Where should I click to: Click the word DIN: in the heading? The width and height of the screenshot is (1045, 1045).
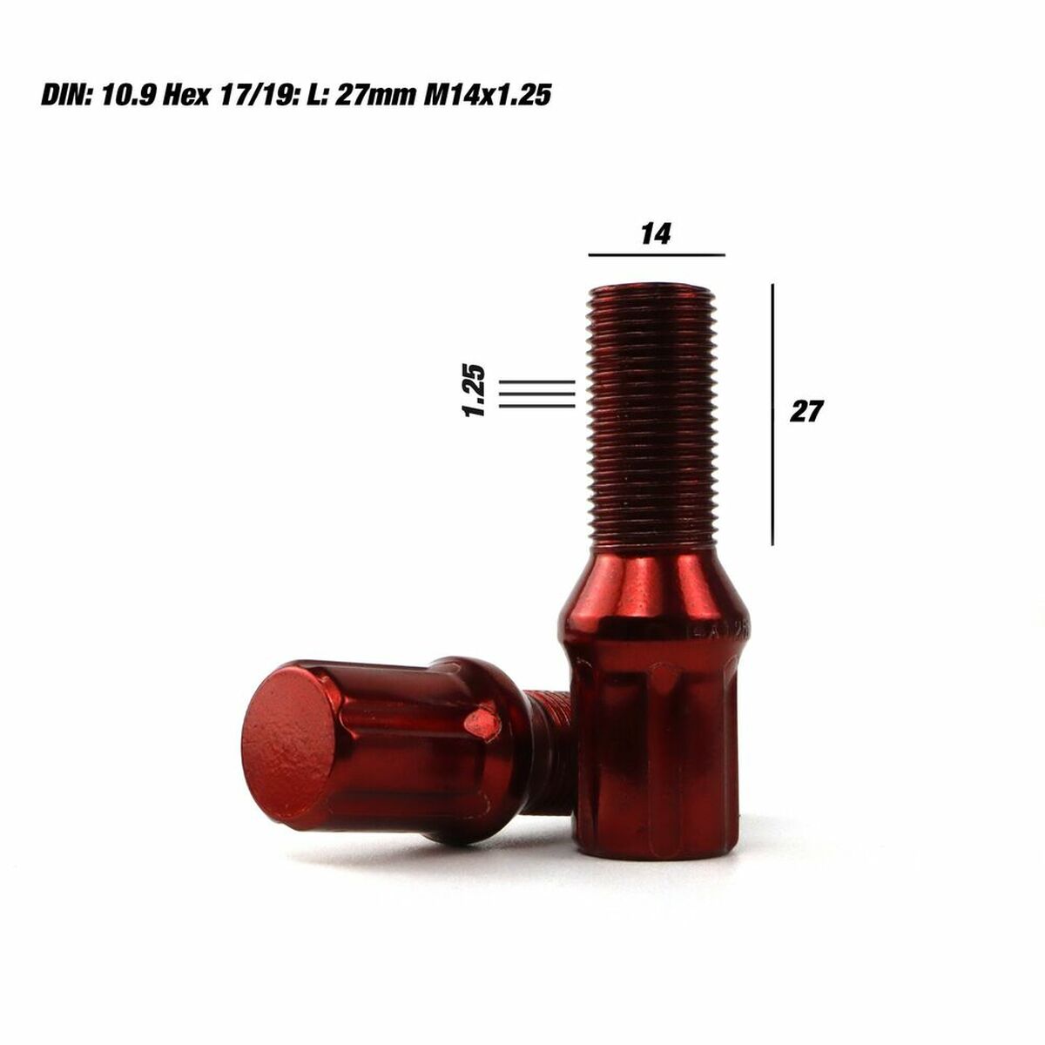coord(67,95)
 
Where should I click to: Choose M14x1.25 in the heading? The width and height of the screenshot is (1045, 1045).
coord(488,95)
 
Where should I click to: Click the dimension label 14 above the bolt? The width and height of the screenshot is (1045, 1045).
coord(656,233)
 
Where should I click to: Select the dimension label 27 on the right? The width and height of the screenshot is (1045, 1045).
coord(806,411)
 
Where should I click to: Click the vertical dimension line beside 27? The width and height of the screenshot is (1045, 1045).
coord(772,414)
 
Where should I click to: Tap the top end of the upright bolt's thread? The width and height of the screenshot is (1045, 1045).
coord(653,290)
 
